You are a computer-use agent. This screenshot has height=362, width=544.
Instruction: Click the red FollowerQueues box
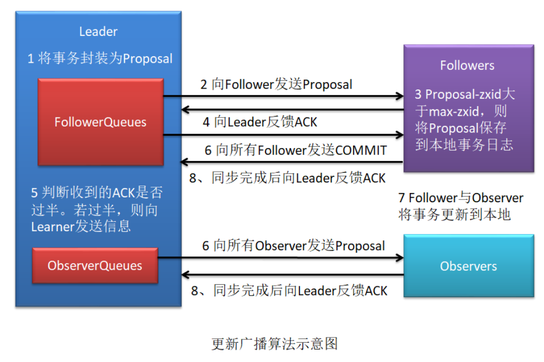coord(100,122)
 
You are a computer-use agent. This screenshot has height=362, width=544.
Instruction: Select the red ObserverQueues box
coord(95,265)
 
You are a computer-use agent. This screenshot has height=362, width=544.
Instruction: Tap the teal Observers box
coord(468,266)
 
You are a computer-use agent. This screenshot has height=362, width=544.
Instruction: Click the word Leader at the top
coord(98,32)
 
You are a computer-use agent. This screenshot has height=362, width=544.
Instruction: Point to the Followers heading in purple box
coord(467,65)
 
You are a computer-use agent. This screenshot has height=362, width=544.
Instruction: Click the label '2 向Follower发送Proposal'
coord(276,84)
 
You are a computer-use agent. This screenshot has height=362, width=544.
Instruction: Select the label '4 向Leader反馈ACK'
coord(260,122)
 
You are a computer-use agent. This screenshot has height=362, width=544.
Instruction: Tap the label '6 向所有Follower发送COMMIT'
coord(296,150)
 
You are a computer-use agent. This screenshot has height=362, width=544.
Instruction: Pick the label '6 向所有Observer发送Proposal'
coord(293,246)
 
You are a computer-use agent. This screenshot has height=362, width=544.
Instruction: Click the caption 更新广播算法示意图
coord(275,344)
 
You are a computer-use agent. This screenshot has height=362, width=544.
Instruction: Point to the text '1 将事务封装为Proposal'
coord(100,58)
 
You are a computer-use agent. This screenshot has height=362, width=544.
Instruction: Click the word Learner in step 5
coord(52,226)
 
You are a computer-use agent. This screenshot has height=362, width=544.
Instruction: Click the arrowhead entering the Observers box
coord(399,258)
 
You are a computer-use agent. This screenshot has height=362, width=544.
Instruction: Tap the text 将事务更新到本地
coord(454,215)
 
